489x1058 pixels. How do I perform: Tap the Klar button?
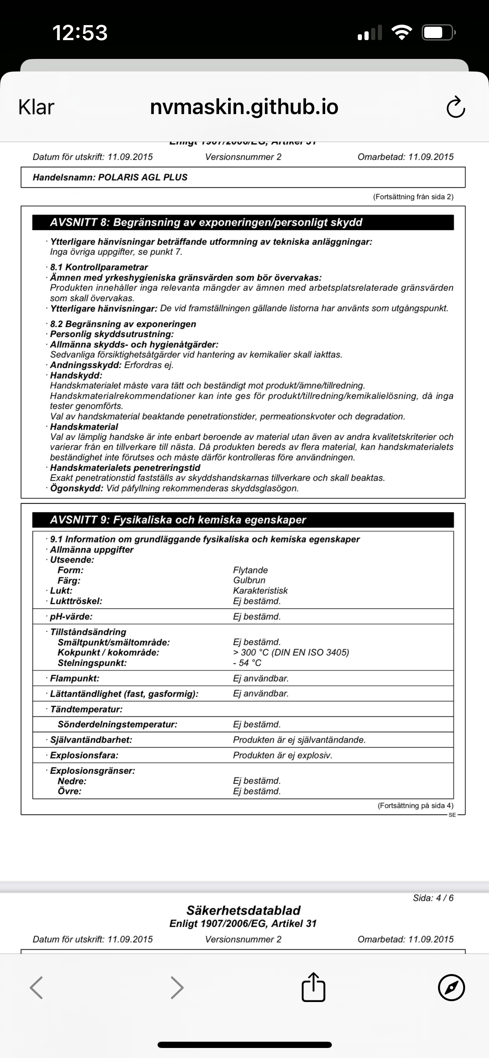36,107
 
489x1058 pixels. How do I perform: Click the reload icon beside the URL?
456,107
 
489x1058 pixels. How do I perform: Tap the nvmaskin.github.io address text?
244,107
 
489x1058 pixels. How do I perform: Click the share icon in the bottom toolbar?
313,987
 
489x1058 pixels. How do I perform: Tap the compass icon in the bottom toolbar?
451,987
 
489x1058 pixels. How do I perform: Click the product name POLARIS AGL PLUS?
143,177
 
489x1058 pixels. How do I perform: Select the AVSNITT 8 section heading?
206,222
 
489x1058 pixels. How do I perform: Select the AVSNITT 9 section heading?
178,520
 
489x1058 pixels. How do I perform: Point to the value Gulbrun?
250,580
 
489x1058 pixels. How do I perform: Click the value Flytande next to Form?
250,570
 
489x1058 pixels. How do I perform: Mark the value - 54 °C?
247,663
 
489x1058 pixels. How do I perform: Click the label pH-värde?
71,616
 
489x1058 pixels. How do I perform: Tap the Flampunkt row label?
74,678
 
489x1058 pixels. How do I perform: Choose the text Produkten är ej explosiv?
283,755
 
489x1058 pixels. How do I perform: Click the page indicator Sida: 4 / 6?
433,898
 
